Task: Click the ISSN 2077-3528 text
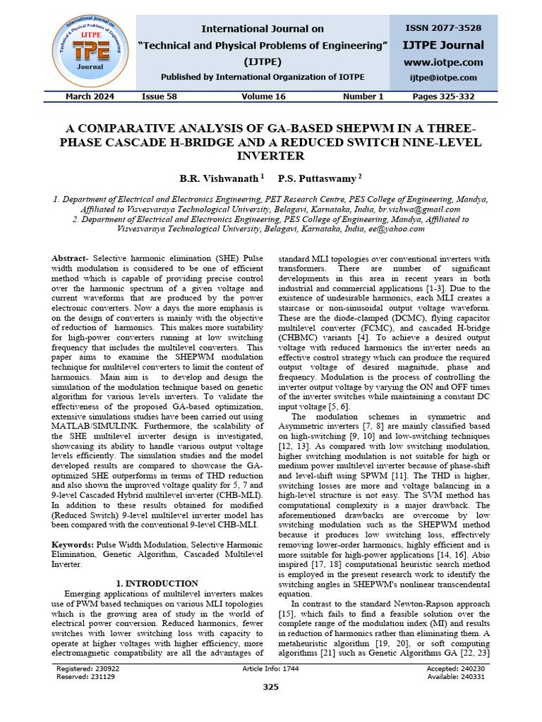[x=443, y=28]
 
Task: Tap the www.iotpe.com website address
[x=443, y=62]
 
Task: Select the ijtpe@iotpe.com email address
[x=443, y=78]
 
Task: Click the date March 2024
[x=90, y=97]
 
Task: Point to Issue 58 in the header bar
[x=159, y=97]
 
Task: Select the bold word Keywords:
[x=76, y=545]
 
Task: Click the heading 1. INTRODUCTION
[x=157, y=584]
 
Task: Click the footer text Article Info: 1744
[x=270, y=668]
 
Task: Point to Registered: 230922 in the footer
[x=88, y=668]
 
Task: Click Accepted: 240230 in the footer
[x=456, y=668]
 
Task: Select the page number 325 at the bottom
[x=271, y=687]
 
